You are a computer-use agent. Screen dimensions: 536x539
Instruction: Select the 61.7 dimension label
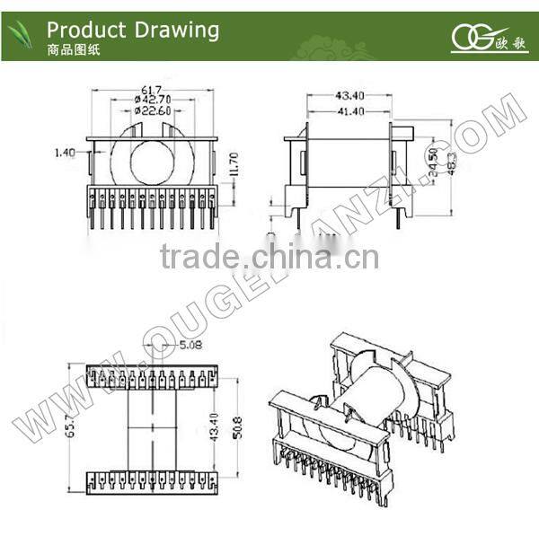[151, 90]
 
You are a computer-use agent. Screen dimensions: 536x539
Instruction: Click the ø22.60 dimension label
[154, 111]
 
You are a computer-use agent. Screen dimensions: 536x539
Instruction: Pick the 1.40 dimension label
[65, 154]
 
